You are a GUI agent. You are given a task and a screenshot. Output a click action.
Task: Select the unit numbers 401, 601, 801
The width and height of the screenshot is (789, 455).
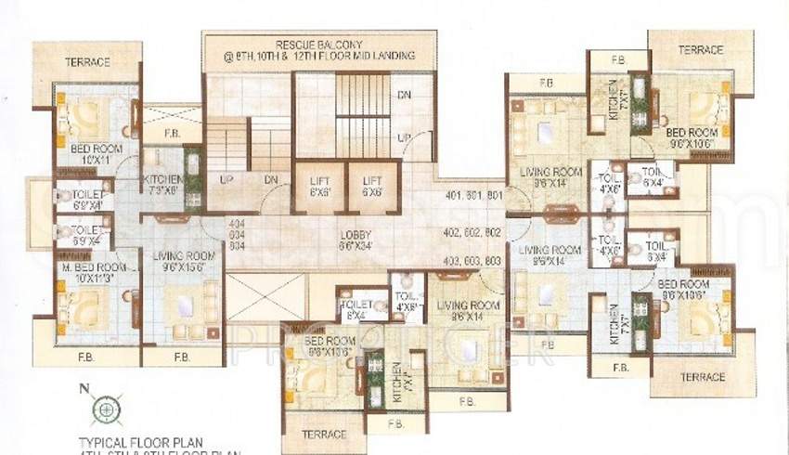474,197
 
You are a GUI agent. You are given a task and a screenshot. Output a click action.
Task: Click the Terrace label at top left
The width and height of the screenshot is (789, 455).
88,62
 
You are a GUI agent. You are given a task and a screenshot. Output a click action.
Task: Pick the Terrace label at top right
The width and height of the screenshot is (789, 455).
700,49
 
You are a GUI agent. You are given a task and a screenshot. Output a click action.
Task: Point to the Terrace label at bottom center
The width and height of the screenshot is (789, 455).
324,434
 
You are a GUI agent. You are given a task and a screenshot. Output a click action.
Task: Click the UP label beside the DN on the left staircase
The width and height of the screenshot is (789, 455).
226,179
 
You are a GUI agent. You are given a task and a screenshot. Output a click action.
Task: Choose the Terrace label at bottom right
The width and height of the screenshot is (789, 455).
702,377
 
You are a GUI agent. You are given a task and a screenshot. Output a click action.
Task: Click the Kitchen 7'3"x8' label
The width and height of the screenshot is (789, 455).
162,184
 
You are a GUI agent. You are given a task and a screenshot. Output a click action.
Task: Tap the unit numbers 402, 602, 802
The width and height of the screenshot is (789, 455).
474,232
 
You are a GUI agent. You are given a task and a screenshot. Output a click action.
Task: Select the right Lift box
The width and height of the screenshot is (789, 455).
372,188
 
